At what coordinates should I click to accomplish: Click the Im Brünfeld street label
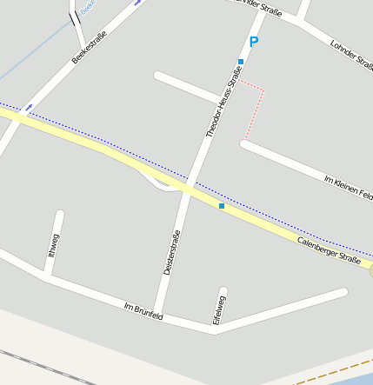143,311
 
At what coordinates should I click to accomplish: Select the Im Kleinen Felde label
348,190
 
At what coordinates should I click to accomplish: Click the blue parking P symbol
254,42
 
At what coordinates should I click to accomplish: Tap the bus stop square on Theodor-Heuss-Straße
241,61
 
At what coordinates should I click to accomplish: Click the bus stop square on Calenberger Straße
222,206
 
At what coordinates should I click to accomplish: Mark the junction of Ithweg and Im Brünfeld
45,278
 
